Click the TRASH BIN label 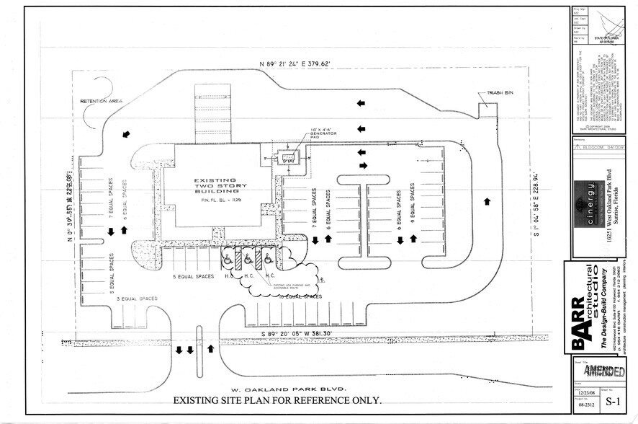point(495,94)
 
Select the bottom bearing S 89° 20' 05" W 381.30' point(297,334)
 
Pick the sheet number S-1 point(612,401)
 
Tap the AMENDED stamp point(603,372)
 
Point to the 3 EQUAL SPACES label point(137,298)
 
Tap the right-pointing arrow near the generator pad point(363,165)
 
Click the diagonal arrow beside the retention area point(127,134)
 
